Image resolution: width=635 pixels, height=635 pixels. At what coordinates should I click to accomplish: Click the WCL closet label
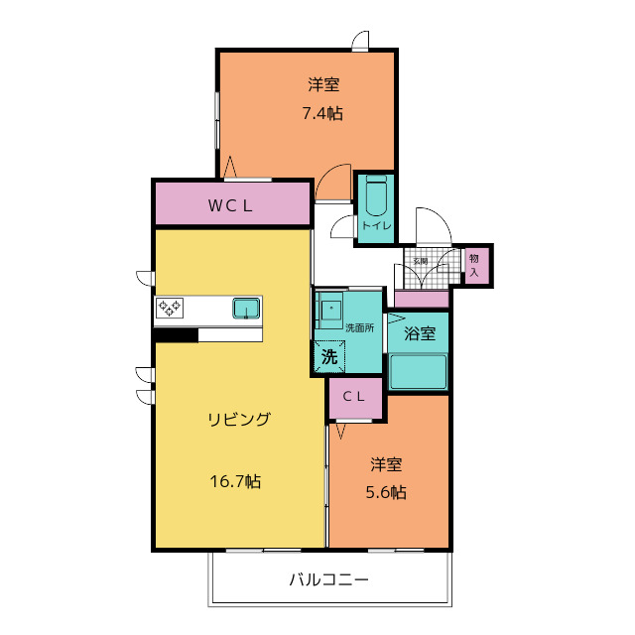230,205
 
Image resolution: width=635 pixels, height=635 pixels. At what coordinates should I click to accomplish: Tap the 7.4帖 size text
322,113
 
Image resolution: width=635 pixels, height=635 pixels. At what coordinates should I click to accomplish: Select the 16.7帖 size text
235,481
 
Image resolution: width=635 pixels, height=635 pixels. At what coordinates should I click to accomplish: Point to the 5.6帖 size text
386,492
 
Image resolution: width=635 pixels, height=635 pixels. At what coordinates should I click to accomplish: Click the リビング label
239,419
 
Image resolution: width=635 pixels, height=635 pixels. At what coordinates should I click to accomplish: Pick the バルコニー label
328,579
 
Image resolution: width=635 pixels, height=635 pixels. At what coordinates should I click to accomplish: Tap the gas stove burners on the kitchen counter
170,309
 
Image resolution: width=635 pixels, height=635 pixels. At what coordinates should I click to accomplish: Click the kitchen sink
246,309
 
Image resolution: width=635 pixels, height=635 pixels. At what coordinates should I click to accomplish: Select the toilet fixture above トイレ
376,196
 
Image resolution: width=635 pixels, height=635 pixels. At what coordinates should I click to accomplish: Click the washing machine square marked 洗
329,356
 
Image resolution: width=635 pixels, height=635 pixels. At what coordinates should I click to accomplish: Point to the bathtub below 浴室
418,372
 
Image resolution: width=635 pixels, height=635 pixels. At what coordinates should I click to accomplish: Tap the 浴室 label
420,333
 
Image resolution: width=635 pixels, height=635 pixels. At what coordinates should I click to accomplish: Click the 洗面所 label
359,328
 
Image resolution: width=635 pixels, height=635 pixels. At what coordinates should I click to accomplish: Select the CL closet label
354,397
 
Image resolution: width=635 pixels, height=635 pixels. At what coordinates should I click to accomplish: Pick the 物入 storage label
474,265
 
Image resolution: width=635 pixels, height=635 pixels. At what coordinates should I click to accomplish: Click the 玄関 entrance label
420,261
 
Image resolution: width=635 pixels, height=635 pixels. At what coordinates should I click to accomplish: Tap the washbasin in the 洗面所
330,311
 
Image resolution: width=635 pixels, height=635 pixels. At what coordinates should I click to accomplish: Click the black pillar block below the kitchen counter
176,335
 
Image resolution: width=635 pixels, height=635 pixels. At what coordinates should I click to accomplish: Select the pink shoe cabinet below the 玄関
422,300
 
